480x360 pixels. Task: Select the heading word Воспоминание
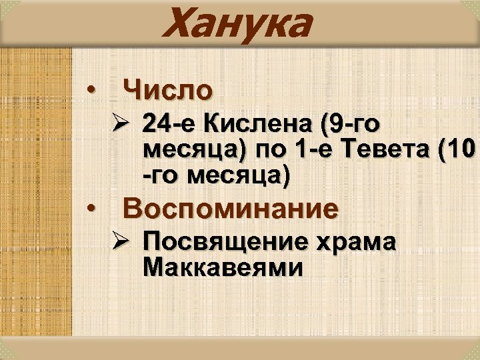(231, 209)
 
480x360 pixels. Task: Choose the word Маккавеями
(223, 268)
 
